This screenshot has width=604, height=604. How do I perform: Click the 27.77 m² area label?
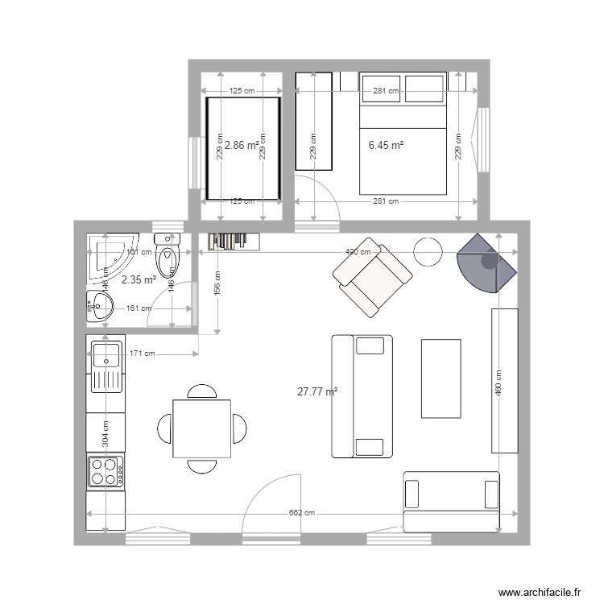(317, 392)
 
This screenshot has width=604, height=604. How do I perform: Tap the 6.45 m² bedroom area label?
(386, 146)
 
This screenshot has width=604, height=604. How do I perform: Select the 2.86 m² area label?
(242, 146)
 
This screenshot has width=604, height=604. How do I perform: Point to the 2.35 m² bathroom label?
(138, 280)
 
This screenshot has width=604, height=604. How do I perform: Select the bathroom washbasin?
(100, 305)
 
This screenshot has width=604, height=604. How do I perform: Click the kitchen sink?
(106, 366)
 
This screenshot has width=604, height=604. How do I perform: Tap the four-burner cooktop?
(105, 471)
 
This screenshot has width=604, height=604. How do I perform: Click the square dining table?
(201, 428)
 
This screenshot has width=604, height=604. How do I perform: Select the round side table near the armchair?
(428, 252)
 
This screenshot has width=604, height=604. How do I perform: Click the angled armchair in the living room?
(372, 276)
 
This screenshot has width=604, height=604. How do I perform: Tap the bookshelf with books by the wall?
(234, 241)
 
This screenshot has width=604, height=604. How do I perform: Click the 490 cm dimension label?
(358, 252)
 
